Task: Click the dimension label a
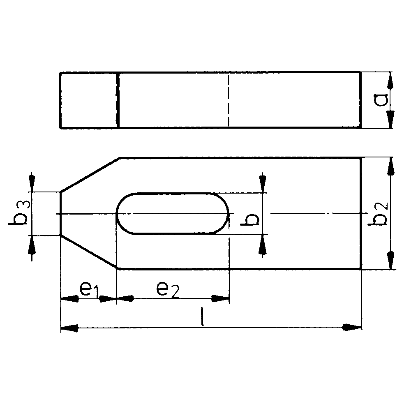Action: pos(382,100)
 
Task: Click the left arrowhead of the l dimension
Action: pos(69,328)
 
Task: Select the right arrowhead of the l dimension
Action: pos(353,327)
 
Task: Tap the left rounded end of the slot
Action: pos(118,214)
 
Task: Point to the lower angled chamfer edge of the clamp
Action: pos(90,252)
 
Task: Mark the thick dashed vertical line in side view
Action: pos(118,100)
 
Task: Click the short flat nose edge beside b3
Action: pos(61,213)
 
